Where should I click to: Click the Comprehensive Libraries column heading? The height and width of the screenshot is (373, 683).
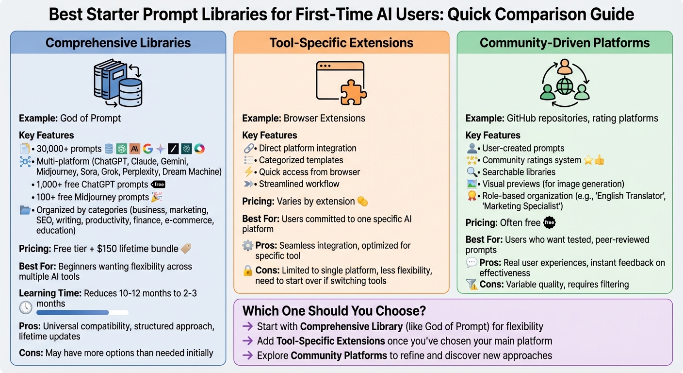[x=118, y=43]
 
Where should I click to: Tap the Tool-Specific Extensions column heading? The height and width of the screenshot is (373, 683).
[x=341, y=43]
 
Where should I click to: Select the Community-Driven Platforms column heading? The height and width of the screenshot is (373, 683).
[x=564, y=43]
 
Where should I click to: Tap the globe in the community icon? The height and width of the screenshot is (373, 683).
[x=565, y=86]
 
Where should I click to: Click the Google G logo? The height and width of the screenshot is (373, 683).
[x=147, y=149]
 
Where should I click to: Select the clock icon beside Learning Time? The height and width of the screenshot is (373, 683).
[x=26, y=307]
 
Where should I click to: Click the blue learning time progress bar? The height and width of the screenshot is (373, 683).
[x=73, y=313]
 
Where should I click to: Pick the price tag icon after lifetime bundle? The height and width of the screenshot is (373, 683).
[x=186, y=249]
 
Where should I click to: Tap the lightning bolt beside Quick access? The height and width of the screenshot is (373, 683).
[x=249, y=172]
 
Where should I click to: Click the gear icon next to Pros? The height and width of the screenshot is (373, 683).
[x=248, y=246]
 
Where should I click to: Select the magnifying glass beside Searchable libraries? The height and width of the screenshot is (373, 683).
[x=472, y=172]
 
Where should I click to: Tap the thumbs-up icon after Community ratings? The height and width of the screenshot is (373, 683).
[x=600, y=160]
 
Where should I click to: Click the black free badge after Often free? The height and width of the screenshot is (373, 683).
[x=550, y=223]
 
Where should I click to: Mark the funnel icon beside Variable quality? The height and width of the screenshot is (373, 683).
[x=472, y=285]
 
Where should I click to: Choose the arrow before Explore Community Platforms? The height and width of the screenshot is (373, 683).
[x=247, y=356]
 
